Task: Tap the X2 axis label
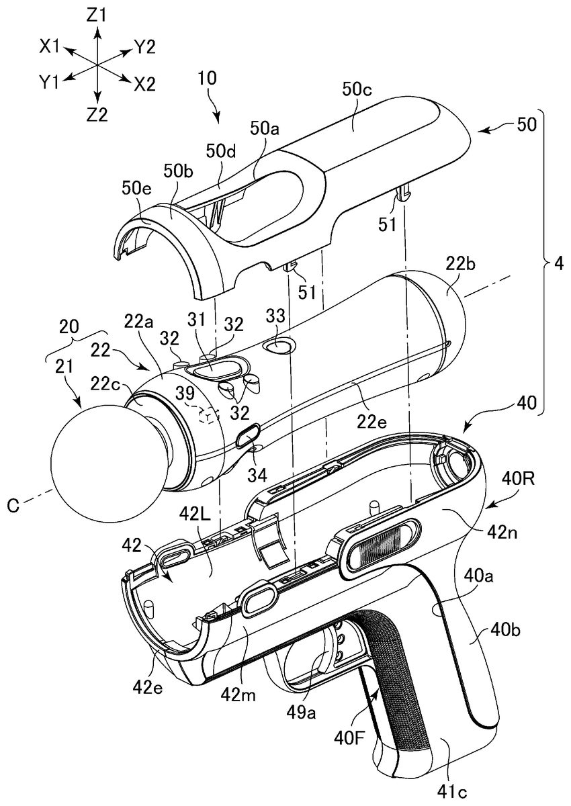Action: tap(144, 85)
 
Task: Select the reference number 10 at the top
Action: tap(207, 78)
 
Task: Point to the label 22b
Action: tap(461, 265)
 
